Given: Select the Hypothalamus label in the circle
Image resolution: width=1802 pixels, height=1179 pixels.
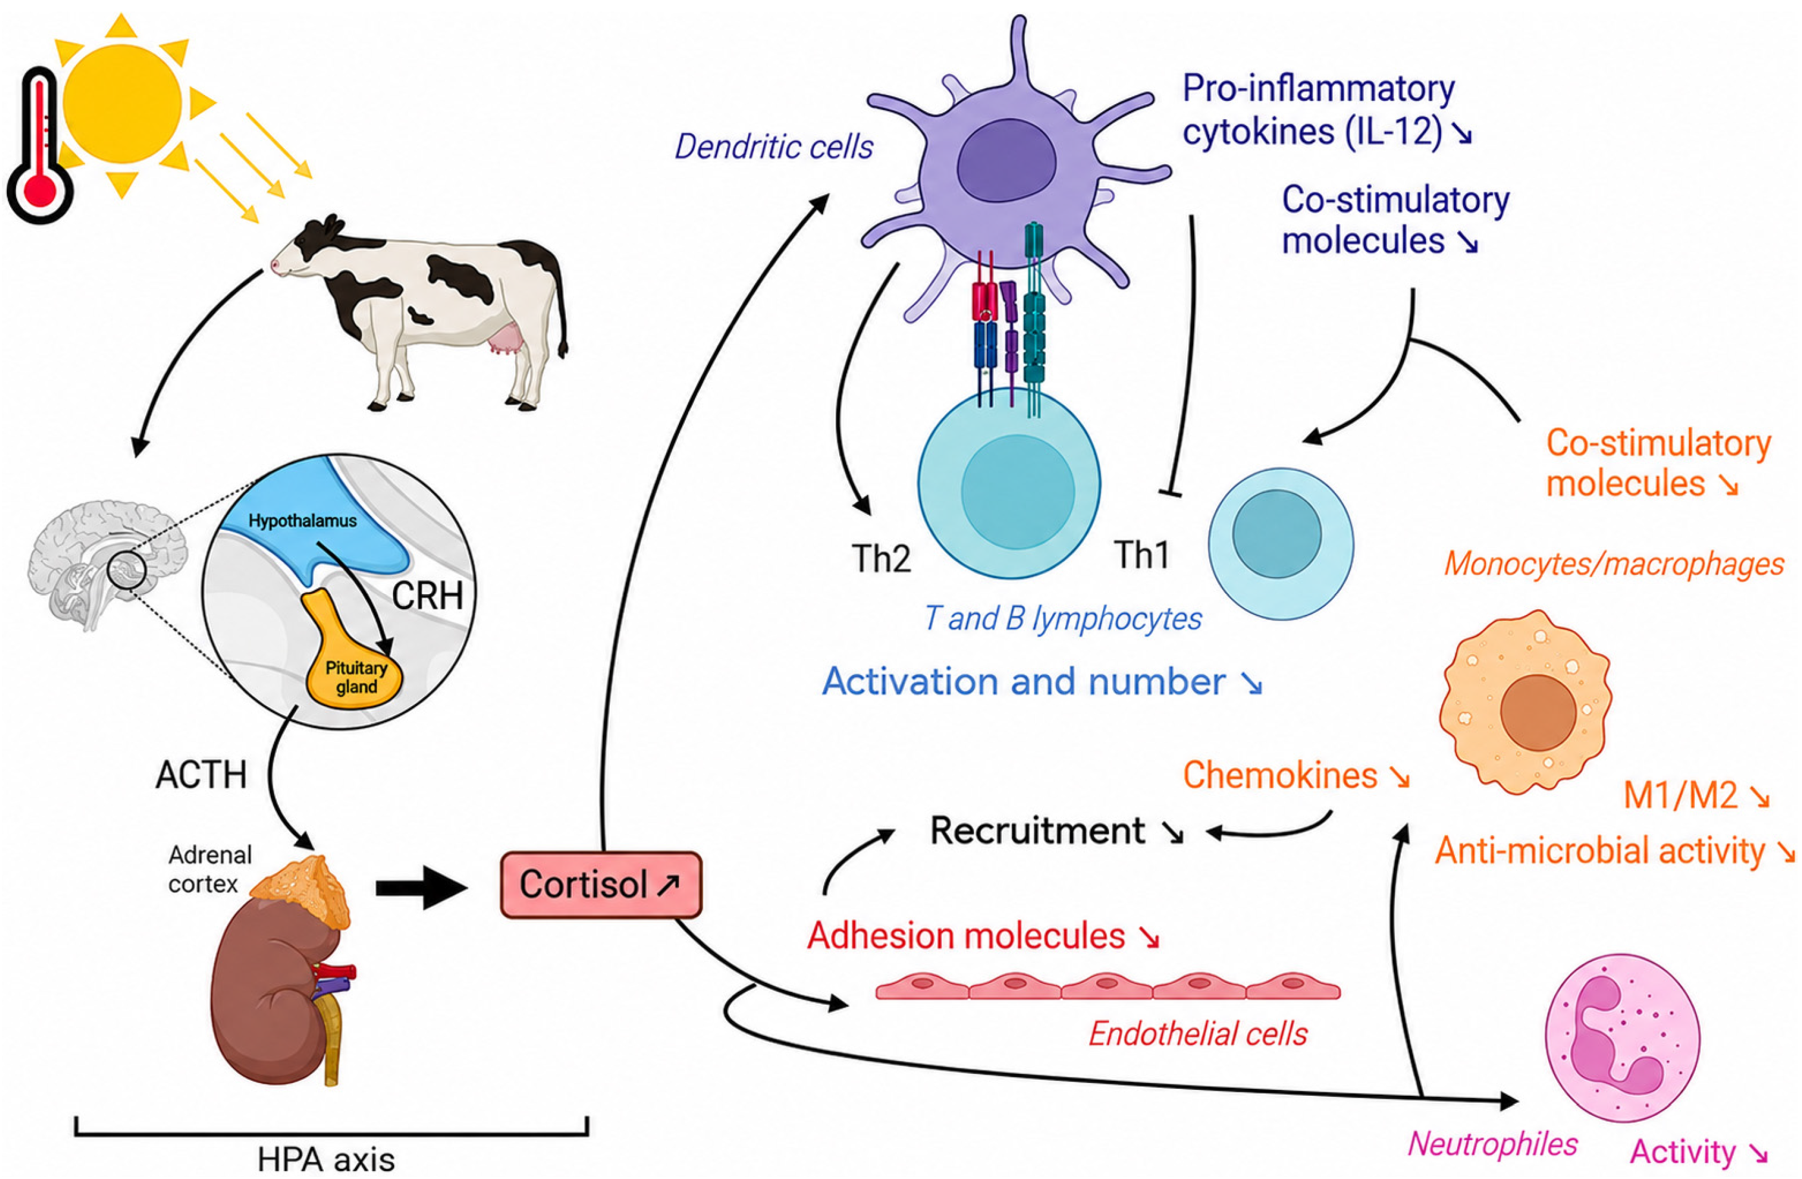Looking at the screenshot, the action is click(302, 521).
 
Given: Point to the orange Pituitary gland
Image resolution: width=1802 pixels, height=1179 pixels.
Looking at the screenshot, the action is click(353, 659).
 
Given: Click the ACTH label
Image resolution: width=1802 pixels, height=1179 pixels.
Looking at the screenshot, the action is click(202, 775).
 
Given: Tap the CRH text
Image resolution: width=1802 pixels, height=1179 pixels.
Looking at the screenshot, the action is click(428, 596).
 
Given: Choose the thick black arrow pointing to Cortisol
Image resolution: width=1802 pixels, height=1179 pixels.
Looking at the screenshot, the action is click(422, 887).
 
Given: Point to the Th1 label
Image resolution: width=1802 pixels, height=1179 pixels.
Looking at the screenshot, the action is click(1142, 555).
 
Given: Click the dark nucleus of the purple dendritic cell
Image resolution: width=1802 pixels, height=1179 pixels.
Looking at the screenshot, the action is click(1006, 167).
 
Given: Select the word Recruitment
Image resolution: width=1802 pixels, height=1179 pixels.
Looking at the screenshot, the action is click(1037, 831).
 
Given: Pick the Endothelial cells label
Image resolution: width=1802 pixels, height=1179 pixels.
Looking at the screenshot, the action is click(1198, 1033).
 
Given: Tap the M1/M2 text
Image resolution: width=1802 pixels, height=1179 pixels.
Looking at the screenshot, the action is click(1681, 796).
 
